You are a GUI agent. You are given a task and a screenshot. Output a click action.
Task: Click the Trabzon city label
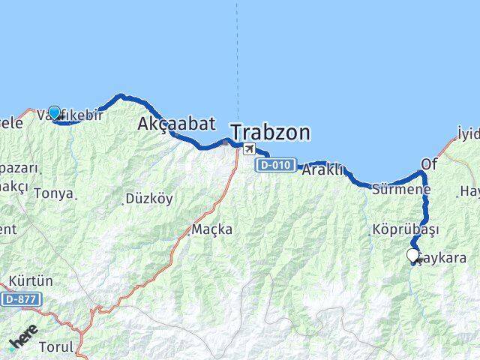coord(269,133)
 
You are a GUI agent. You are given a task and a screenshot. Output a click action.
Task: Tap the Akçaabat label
coord(176,124)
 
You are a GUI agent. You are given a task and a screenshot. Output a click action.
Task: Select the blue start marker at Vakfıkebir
coord(54,112)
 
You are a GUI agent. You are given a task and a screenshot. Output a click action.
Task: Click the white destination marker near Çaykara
coord(412,255)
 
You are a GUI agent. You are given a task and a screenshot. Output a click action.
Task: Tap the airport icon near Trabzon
coord(247,148)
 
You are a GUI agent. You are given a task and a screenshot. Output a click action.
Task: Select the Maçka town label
coord(212,229)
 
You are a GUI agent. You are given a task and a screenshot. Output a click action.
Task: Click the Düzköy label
coord(148,199)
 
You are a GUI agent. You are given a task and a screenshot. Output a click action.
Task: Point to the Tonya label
coord(53,193)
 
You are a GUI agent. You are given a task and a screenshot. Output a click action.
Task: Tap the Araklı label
coord(322,170)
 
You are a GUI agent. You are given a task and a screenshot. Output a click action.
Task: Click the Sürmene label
coord(401,190)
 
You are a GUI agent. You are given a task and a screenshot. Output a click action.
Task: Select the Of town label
coord(428,163)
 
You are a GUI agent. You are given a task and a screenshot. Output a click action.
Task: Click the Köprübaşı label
coord(404,229)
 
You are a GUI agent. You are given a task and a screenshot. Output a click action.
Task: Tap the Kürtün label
coord(31,281)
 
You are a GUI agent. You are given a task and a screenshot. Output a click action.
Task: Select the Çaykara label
coord(442,258)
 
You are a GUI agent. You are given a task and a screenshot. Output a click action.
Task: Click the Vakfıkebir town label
coord(69,116)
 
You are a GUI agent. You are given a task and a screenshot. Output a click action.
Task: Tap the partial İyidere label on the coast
coord(468,134)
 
